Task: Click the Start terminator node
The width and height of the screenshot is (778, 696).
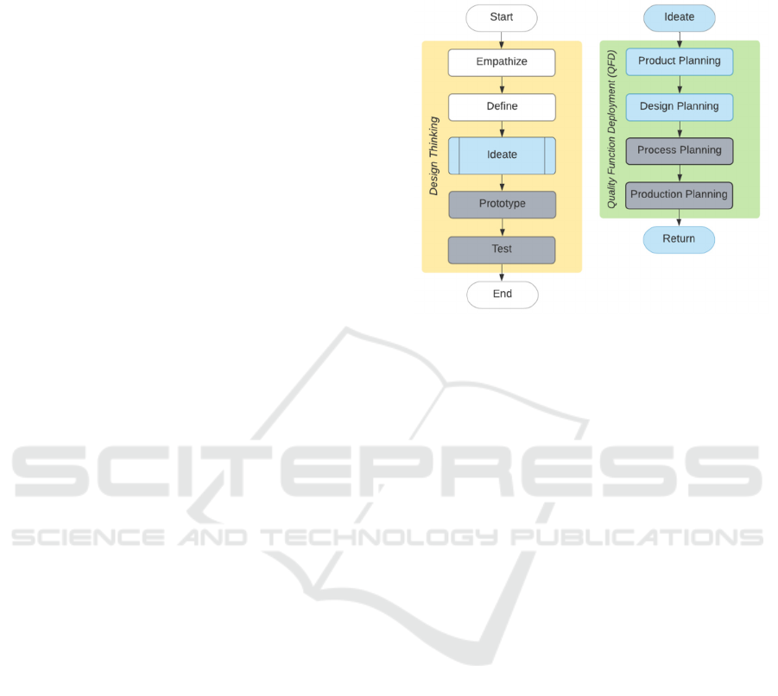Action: point(502,17)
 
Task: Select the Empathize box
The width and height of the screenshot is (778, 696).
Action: point(502,62)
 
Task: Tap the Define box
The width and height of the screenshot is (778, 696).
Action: point(502,107)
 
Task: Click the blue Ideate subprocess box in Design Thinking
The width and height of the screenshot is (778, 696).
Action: point(502,155)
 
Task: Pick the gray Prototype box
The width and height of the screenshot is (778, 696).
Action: point(502,205)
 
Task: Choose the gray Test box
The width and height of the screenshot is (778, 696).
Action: point(502,250)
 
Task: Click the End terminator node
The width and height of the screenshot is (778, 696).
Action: point(502,294)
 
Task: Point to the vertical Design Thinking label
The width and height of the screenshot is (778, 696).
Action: point(434,155)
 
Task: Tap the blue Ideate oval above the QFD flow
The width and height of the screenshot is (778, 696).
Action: point(679,17)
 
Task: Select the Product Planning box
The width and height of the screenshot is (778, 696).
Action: point(679,61)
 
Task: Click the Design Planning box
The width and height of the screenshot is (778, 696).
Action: point(679,107)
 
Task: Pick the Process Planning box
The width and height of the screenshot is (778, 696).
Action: point(679,151)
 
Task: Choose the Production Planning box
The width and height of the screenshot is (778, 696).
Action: point(679,195)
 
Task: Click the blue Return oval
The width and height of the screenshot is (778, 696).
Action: point(679,239)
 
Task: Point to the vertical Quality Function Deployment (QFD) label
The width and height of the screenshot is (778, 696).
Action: point(612,129)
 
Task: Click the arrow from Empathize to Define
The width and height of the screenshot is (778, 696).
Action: point(502,85)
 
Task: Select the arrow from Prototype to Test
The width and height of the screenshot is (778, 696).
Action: point(502,227)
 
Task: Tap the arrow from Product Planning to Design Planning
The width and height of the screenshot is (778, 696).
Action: point(680,85)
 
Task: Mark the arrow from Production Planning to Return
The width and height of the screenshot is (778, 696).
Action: point(680,218)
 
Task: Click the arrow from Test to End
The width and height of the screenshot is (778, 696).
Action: point(502,272)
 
